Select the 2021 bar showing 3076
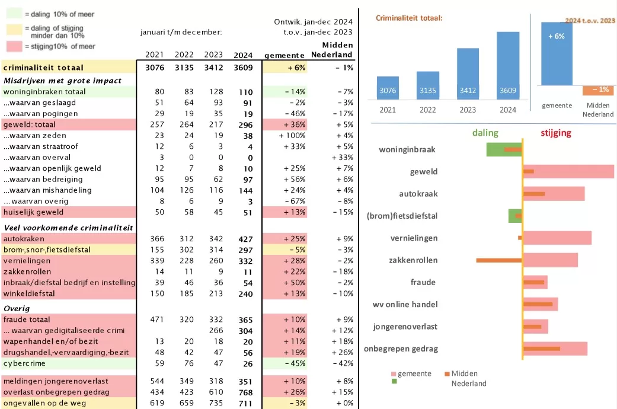pos(388,89)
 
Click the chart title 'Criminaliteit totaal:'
pos(409,18)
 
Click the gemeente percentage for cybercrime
pos(294,363)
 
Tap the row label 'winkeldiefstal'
pos(29,294)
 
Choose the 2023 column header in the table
pos(213,55)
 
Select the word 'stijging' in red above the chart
pos(555,133)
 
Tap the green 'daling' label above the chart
pos(485,133)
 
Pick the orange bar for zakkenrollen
pos(499,260)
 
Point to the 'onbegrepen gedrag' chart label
pos(401,349)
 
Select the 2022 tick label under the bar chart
pos(427,110)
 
